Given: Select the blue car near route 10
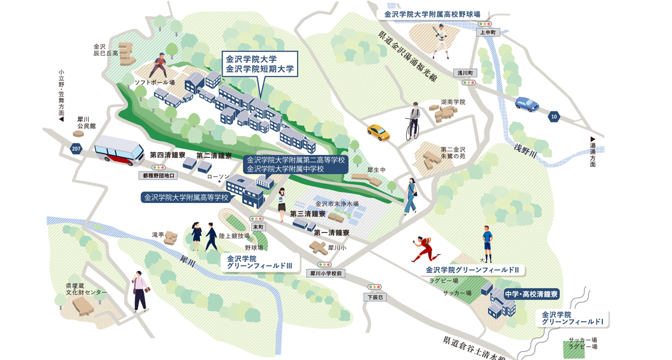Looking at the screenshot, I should (527, 104).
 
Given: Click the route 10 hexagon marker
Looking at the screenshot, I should (554, 116).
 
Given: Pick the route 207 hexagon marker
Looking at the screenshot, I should (76, 149).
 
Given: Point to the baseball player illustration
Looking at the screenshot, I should (440, 41).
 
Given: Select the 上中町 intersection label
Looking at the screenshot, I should (487, 32).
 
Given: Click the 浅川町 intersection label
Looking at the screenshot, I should (465, 73).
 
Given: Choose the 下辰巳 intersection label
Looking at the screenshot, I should (375, 297).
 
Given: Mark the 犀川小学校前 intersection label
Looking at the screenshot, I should (325, 274).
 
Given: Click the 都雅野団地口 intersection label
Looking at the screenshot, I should (158, 176).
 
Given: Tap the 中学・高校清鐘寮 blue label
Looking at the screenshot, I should (531, 295).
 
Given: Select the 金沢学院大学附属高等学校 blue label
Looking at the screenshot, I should (187, 197).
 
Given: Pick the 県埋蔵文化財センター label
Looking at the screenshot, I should (86, 289).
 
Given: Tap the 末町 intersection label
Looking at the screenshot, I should (258, 227).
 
